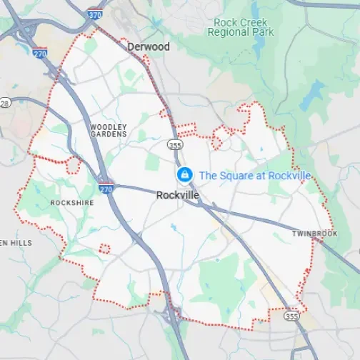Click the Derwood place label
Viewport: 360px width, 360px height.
click(x=148, y=46)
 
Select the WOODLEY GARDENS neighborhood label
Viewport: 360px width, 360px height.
click(x=109, y=130)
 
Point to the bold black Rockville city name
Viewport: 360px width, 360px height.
click(x=178, y=194)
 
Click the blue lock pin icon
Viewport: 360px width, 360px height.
click(x=184, y=174)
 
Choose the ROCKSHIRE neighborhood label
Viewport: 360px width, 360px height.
click(x=71, y=203)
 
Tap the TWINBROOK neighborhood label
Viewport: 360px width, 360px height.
click(x=314, y=234)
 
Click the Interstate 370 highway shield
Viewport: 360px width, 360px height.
click(x=95, y=13)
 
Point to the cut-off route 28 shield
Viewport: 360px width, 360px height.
click(x=4, y=104)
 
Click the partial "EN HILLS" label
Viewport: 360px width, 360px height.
click(x=16, y=243)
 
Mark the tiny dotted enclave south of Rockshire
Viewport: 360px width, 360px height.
click(x=104, y=249)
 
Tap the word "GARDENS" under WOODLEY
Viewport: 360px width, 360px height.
click(x=109, y=134)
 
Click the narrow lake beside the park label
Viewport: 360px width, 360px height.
click(x=314, y=93)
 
